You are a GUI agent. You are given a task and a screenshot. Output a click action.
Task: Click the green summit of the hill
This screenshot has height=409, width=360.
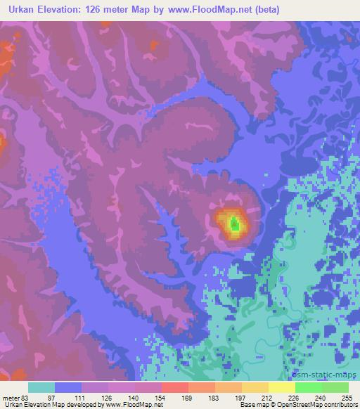235,224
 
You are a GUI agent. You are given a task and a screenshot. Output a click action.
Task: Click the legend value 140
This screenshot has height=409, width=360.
134,398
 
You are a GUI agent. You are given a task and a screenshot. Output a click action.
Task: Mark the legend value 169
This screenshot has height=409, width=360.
188,398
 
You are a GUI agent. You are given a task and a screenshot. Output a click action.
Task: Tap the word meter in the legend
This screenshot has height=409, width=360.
10,398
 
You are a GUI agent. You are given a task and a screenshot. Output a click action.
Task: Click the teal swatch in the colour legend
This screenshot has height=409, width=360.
41,387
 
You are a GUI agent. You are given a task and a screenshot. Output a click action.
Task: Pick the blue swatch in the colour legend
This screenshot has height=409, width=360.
68,387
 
